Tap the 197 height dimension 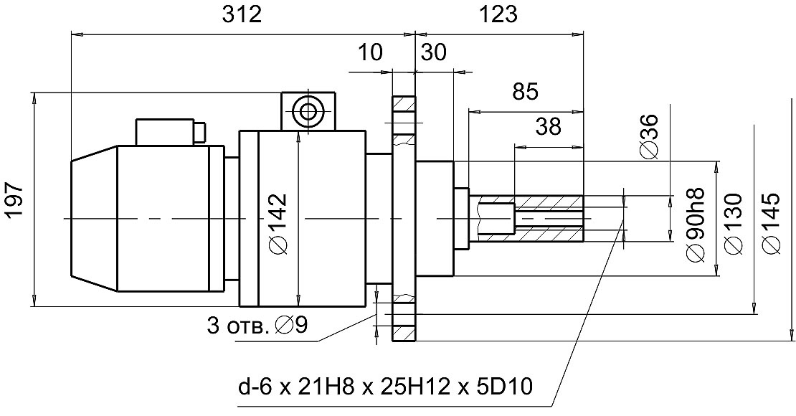click(15, 199)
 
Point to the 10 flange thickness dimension click(370, 52)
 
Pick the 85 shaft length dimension click(526, 93)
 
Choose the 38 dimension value click(548, 127)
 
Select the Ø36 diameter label click(648, 136)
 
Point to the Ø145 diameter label click(772, 223)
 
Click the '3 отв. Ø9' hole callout click(257, 325)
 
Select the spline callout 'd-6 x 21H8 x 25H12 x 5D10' click(387, 388)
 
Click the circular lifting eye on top click(308, 110)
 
